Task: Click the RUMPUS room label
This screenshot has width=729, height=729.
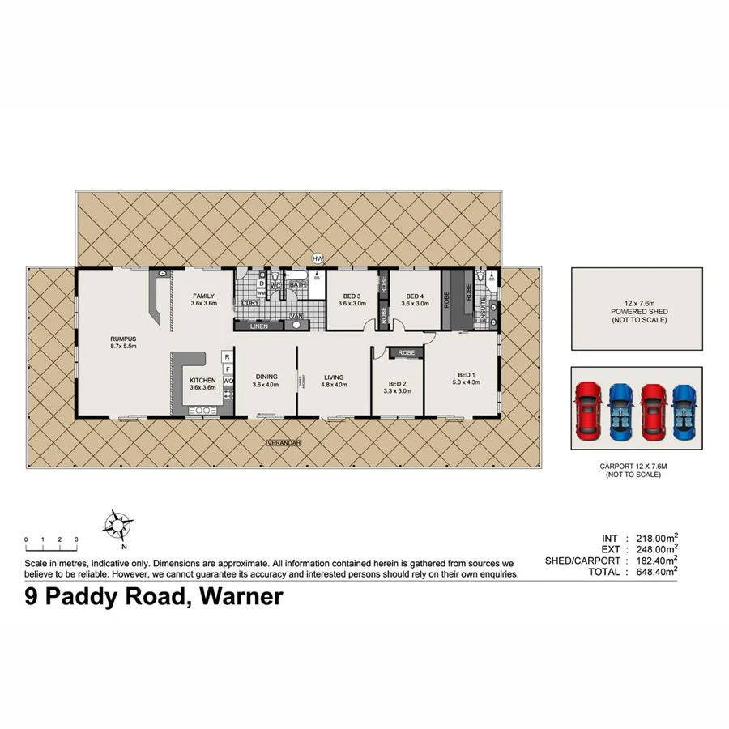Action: [x=123, y=341]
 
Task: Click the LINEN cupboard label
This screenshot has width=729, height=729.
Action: [x=258, y=326]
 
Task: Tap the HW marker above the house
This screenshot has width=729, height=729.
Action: [x=318, y=258]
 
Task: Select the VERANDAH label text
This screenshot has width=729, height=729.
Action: [x=279, y=443]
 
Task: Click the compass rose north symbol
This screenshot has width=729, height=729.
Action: [x=118, y=524]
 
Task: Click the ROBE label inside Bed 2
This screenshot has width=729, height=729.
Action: [x=407, y=353]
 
